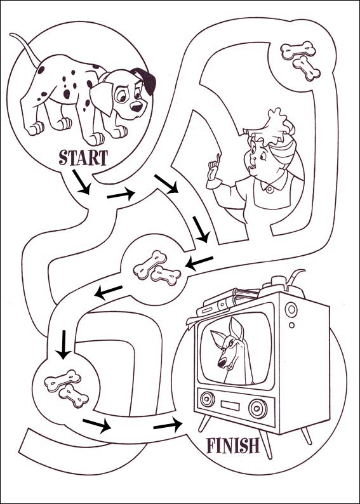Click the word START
pyautogui.click(x=83, y=157)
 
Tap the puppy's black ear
pyautogui.click(x=147, y=80)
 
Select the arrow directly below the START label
pyautogui.click(x=83, y=185)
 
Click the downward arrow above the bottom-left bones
pyautogui.click(x=63, y=343)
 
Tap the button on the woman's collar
pyautogui.click(x=269, y=189)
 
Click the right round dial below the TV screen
pyautogui.click(x=256, y=406)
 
